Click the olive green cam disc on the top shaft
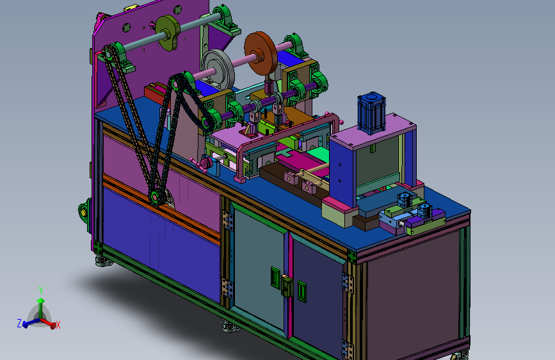click(x=168, y=33)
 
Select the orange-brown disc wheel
click(x=261, y=53)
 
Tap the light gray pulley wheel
click(x=218, y=69)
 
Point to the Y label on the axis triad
click(x=41, y=291)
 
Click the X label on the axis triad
click(x=58, y=325)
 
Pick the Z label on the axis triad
click(x=19, y=323)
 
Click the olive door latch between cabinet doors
click(x=287, y=286)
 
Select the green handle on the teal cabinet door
click(x=275, y=277)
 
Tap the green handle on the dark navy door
click(x=302, y=291)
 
